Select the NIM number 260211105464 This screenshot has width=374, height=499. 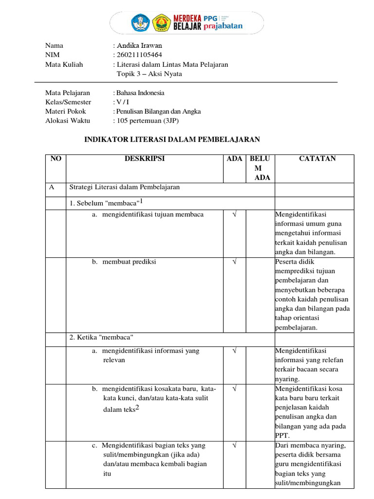(x=139, y=55)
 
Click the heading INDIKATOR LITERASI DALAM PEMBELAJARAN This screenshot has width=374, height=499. (x=172, y=139)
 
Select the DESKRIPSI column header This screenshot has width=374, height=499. (x=144, y=159)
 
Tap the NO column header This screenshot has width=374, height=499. (x=55, y=159)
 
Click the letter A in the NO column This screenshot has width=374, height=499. (x=52, y=187)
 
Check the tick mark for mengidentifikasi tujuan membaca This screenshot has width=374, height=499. (x=234, y=214)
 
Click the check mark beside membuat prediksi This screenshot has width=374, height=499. (x=234, y=262)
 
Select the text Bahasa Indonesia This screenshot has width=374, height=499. (x=141, y=93)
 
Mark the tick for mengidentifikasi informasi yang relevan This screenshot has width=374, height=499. (x=234, y=351)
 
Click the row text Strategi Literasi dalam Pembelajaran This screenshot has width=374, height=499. (x=125, y=187)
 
